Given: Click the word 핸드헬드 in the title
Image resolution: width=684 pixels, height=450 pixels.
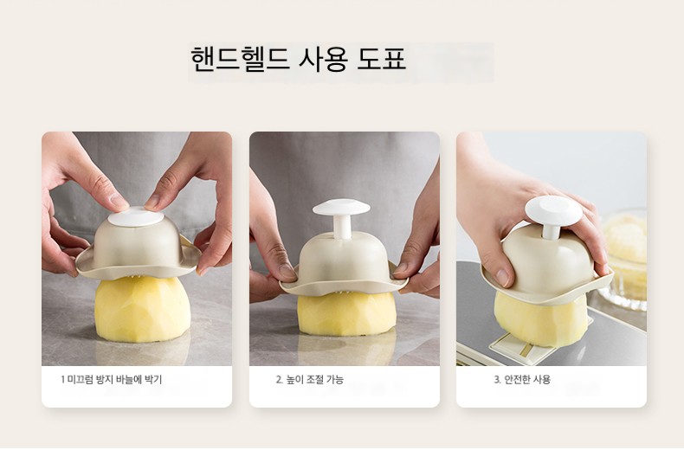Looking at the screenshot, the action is coord(240,58).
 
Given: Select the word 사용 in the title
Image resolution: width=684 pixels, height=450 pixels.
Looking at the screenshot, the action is coord(323,58).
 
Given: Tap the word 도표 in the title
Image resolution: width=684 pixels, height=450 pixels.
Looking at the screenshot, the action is coord(382,58).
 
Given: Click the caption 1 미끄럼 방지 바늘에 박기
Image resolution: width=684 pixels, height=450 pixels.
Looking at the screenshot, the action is coord(111,379).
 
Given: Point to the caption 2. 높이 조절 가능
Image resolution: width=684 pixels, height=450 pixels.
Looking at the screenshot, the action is coord(310,379).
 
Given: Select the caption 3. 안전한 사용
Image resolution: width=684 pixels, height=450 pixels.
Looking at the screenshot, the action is coord(522,379).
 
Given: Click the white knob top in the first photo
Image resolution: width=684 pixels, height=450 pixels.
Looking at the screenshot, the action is coord(136,217).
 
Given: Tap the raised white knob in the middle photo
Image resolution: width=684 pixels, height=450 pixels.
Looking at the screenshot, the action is coord(341,208).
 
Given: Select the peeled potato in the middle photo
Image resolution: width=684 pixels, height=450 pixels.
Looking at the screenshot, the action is coord(347,313).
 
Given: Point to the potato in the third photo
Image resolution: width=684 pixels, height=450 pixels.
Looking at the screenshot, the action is coord(541,319).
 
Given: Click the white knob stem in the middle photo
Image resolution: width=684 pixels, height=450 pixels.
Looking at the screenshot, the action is coord(342,227).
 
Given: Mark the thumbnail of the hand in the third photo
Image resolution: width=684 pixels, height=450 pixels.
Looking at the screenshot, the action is coord(502,277).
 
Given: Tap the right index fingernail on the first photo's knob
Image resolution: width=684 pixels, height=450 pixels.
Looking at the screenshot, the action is coord(152,202).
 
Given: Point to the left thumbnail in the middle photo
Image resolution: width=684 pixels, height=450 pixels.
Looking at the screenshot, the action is coord(287,271).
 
